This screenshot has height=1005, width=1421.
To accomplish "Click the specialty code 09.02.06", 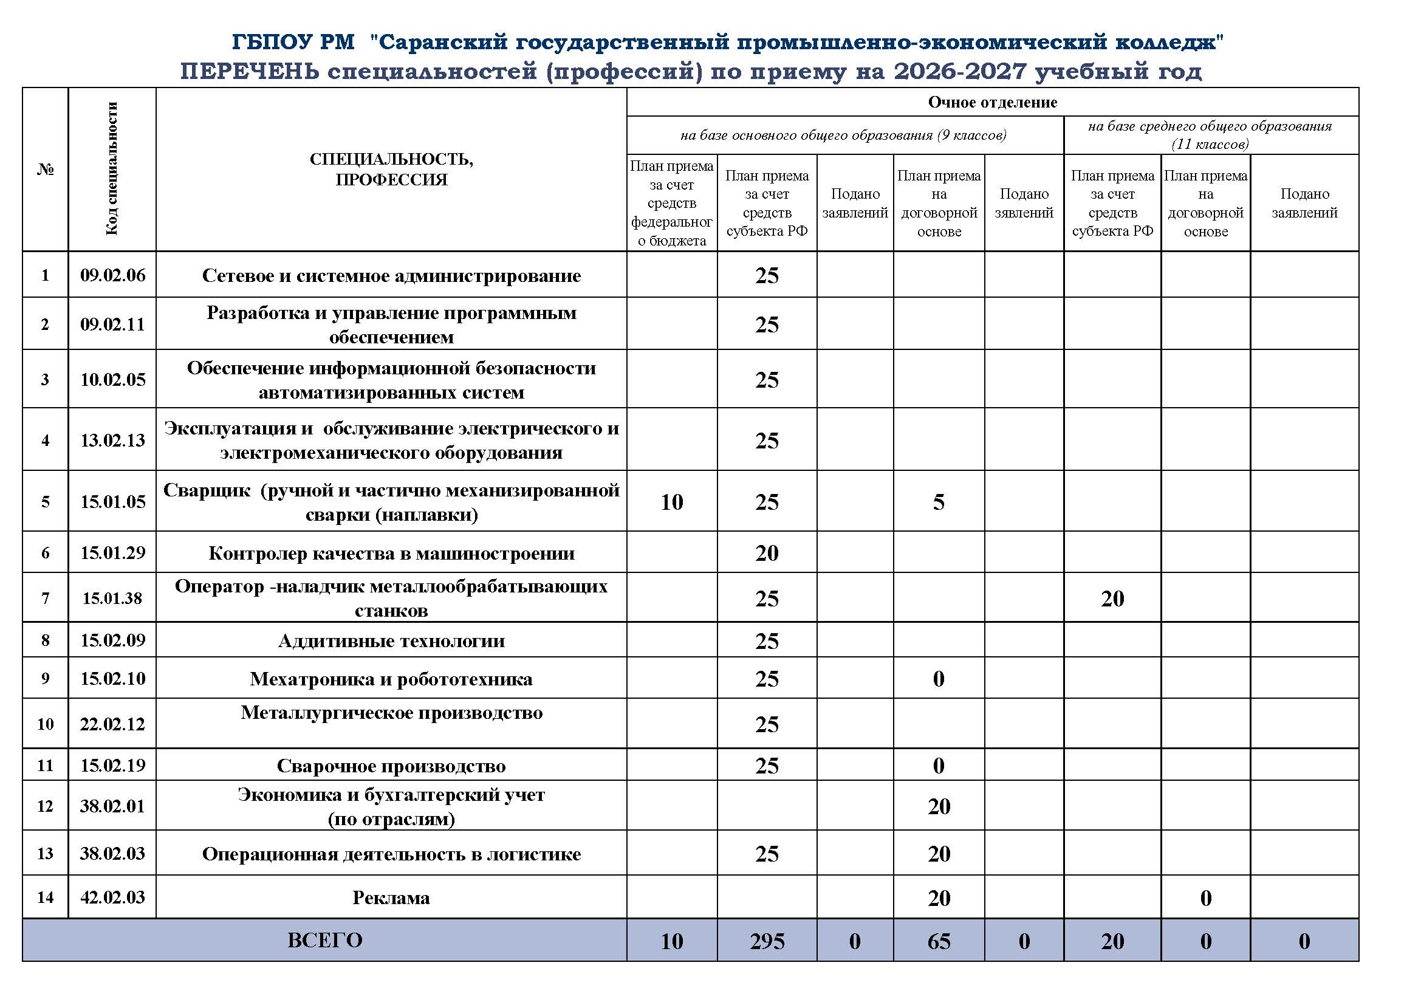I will pyautogui.click(x=112, y=275).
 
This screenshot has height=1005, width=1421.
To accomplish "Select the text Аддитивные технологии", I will pyautogui.click(x=391, y=640).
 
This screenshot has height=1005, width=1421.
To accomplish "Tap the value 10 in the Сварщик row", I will pyautogui.click(x=671, y=502).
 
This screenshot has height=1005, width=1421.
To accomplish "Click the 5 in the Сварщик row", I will pyautogui.click(x=938, y=502).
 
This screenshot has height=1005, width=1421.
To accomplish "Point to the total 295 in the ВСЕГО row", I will pyautogui.click(x=767, y=941).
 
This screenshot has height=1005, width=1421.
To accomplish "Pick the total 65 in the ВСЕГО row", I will pyautogui.click(x=938, y=941).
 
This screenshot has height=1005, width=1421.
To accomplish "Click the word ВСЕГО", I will pyautogui.click(x=325, y=940).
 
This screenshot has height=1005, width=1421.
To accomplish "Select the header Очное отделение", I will pyautogui.click(x=992, y=102).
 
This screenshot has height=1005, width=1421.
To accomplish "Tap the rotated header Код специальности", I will pyautogui.click(x=111, y=169).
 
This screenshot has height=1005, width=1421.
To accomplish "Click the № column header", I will pyautogui.click(x=45, y=170).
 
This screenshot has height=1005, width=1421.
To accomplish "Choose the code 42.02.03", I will pyautogui.click(x=112, y=897).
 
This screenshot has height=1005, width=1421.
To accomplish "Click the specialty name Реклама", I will pyautogui.click(x=391, y=898).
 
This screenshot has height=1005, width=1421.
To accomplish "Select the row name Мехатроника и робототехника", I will pyautogui.click(x=391, y=679).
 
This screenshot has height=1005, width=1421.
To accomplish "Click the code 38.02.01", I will pyautogui.click(x=112, y=806).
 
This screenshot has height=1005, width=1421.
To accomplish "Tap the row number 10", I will pyautogui.click(x=45, y=724).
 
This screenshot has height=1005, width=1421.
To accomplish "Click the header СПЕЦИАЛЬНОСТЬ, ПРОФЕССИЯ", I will pyautogui.click(x=391, y=169).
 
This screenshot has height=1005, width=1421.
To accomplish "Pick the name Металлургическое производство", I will pyautogui.click(x=391, y=713).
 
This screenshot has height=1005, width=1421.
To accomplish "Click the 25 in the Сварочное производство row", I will pyautogui.click(x=767, y=766).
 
